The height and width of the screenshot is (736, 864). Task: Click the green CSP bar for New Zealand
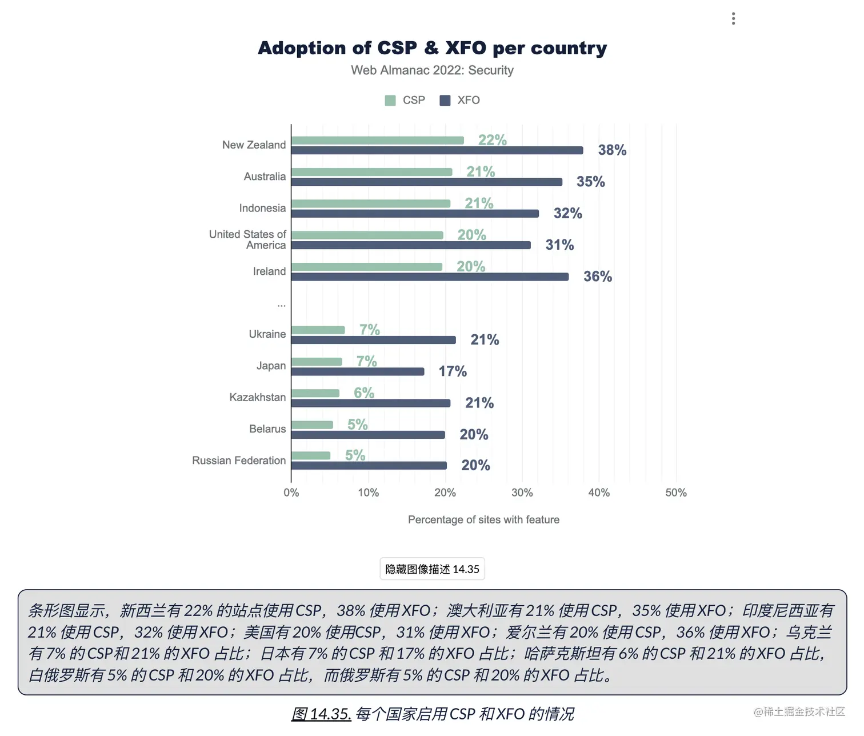pos(377,141)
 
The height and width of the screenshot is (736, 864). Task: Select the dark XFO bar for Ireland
pos(430,277)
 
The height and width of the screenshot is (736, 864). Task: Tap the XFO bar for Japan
pos(358,372)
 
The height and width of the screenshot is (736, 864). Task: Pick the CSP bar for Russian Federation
pos(311,456)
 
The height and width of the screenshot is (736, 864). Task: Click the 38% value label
pos(612,150)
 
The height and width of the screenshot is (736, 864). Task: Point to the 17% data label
pos(453,371)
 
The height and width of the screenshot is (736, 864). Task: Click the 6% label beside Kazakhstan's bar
pos(364,393)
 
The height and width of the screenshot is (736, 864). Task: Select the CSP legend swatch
pos(390,101)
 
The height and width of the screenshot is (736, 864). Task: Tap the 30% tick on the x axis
pos(522,493)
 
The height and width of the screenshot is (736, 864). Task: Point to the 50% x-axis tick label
pos(676,493)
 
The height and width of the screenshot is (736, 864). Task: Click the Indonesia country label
pos(262,208)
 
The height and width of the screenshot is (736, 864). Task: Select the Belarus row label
pos(267,429)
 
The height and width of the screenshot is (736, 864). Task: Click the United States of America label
pos(247,239)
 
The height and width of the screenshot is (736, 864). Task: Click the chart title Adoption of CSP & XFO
pos(432,48)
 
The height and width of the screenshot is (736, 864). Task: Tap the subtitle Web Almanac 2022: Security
pos(432,70)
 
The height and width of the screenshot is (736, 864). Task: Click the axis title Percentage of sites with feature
pos(483,519)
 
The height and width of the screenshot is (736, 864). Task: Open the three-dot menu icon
pos(733,19)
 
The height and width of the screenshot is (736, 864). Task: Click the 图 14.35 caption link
pos(321,714)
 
